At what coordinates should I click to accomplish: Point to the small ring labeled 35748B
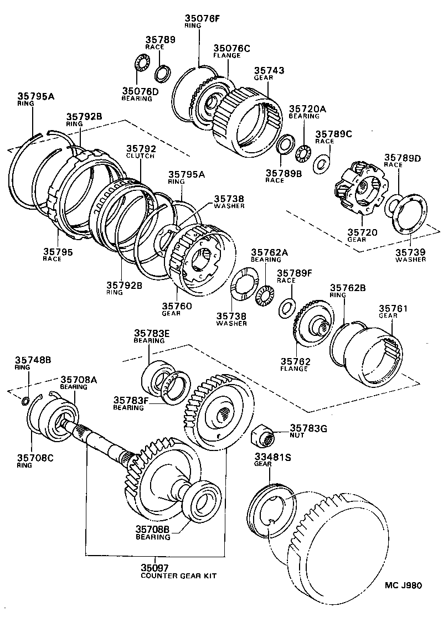pos(26,400)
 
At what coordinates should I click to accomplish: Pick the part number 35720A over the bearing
pos(307,109)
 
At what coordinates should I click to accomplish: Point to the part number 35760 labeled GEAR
pos(177,305)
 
